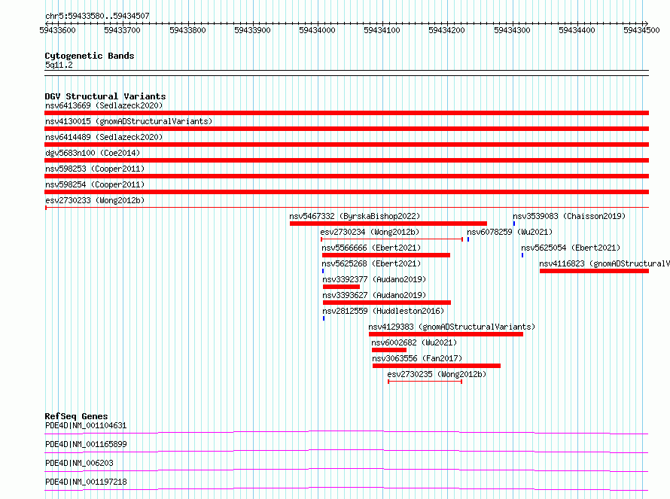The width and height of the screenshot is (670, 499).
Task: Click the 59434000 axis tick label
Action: click(317, 30)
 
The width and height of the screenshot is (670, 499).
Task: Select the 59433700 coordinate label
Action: click(122, 30)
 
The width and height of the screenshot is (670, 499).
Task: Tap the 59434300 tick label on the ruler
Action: click(512, 30)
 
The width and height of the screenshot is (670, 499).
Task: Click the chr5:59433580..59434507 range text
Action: click(97, 17)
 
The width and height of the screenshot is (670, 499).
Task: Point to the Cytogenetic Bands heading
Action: click(90, 56)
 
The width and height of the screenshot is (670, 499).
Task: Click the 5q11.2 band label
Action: click(59, 65)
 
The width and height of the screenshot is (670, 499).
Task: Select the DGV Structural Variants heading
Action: click(105, 96)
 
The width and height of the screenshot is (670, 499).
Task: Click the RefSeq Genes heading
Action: click(77, 416)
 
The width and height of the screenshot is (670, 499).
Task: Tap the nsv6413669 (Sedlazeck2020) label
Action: click(104, 105)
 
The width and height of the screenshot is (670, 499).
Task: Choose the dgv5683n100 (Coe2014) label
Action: click(93, 153)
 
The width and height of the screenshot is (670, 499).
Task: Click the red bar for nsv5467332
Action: click(388, 224)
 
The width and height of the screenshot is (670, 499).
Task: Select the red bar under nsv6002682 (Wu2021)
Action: click(389, 350)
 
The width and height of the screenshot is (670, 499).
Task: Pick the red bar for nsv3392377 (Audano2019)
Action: click(342, 287)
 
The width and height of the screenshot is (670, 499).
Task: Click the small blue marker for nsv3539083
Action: click(514, 224)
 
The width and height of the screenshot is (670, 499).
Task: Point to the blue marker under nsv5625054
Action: click(522, 255)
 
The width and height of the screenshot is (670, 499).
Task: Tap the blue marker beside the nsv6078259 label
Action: click(468, 239)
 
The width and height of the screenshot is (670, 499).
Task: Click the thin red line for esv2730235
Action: click(425, 382)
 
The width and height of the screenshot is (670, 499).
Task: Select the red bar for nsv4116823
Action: click(595, 271)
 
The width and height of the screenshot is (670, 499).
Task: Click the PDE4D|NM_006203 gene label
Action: click(80, 463)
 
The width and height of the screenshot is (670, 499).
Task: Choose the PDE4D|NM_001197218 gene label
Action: click(86, 482)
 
